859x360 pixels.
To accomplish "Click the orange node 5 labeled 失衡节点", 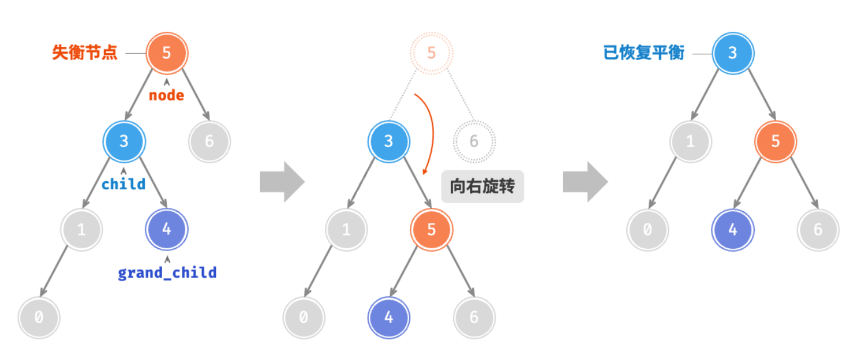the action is coord(167,53).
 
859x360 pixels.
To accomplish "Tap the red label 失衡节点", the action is coord(85,53).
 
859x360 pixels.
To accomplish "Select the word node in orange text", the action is coord(167,95).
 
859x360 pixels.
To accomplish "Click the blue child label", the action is coord(123,184).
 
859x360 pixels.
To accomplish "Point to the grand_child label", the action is coord(167,273).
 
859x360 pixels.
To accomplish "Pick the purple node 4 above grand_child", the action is coord(167,229).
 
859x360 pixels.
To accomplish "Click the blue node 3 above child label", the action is coord(124,141).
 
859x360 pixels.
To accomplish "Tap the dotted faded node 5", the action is coord(431,53).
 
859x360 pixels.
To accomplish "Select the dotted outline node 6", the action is coord(475,141).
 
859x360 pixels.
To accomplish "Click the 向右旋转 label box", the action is coord(482,186).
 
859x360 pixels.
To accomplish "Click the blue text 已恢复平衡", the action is coord(644,53).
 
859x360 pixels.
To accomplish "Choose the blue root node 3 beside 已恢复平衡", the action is coord(733,53).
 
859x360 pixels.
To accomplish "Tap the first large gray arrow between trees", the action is coord(282,182).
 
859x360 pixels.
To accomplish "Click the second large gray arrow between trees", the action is coord(585,182).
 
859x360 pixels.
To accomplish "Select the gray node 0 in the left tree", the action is coord(39,317).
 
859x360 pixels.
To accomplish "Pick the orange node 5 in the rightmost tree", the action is coord(776,141).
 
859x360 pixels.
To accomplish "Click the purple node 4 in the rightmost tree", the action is coord(733,230).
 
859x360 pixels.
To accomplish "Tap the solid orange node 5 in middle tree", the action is coord(431,229).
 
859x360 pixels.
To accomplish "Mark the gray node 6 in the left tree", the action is coord(210,141).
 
